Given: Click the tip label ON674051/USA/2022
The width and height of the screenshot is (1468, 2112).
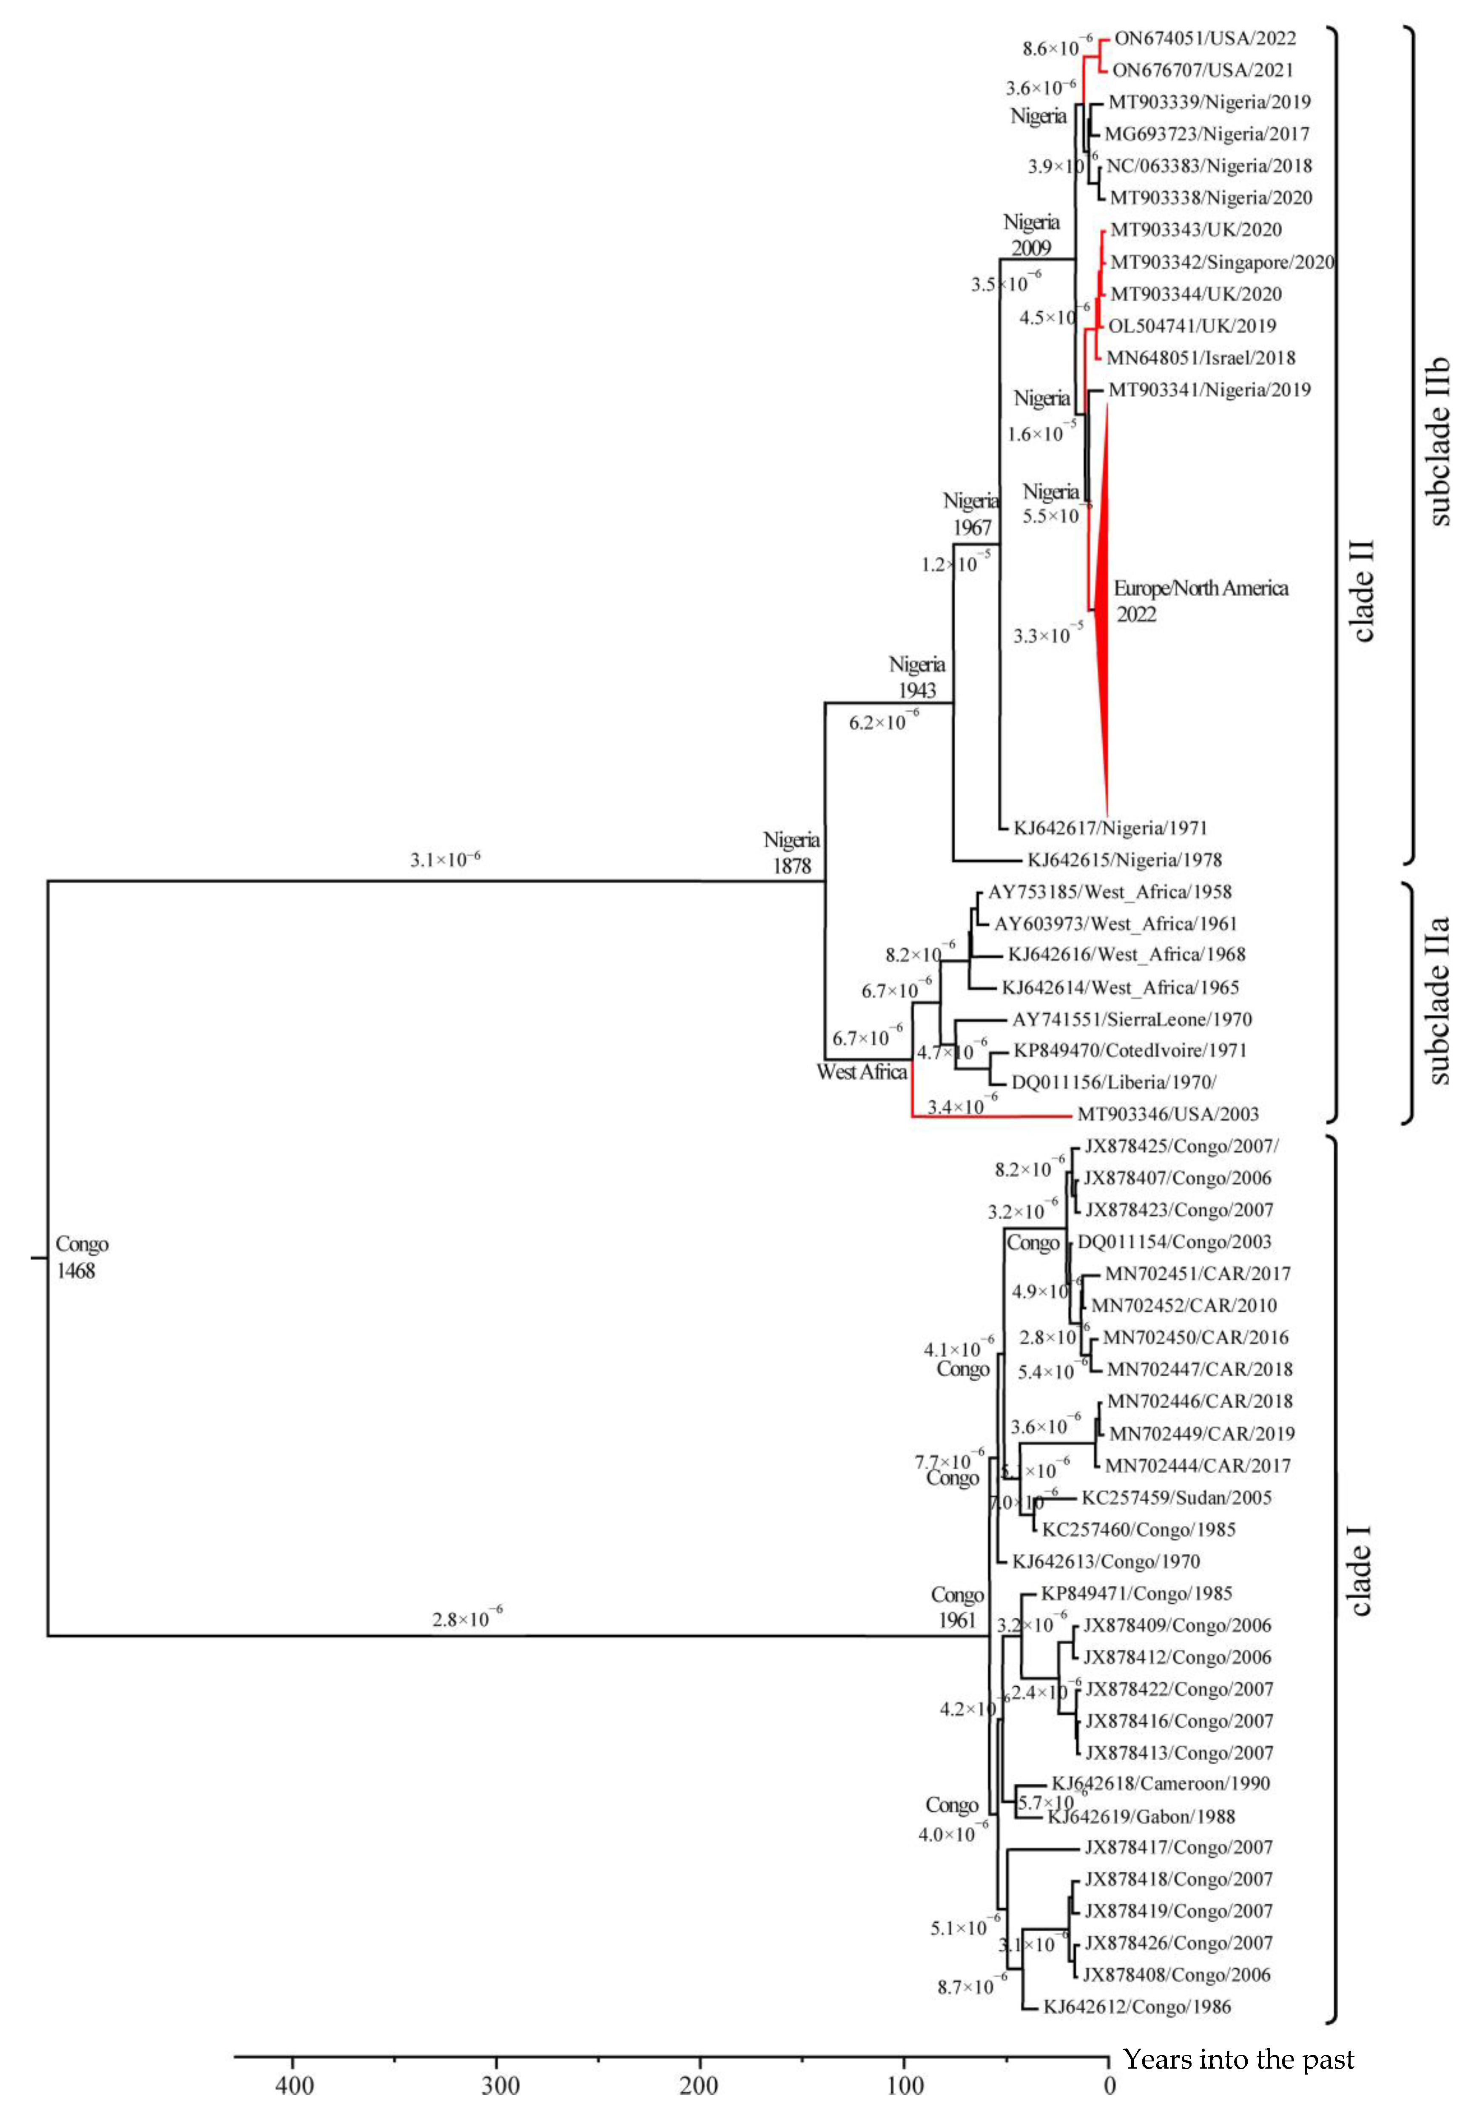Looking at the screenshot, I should [x=1205, y=39].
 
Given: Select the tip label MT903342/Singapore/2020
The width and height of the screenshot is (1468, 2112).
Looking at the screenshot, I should [x=1221, y=262].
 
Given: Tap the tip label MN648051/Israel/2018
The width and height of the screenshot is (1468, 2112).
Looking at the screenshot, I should [x=1201, y=358].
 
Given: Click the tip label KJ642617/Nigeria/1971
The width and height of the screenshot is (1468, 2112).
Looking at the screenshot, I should [x=1109, y=828].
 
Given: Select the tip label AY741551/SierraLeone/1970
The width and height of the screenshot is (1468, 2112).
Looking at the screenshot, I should [x=1131, y=1019].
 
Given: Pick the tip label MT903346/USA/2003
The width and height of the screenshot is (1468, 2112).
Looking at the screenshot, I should [x=1167, y=1114].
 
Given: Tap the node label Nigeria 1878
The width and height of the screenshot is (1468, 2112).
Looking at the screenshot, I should [x=791, y=852].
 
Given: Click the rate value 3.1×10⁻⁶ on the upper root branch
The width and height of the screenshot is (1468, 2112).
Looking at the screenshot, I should [x=445, y=860].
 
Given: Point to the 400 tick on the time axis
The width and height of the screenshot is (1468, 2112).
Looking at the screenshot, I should [x=294, y=2084].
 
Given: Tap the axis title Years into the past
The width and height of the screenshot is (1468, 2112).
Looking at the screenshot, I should [x=1238, y=2059].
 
